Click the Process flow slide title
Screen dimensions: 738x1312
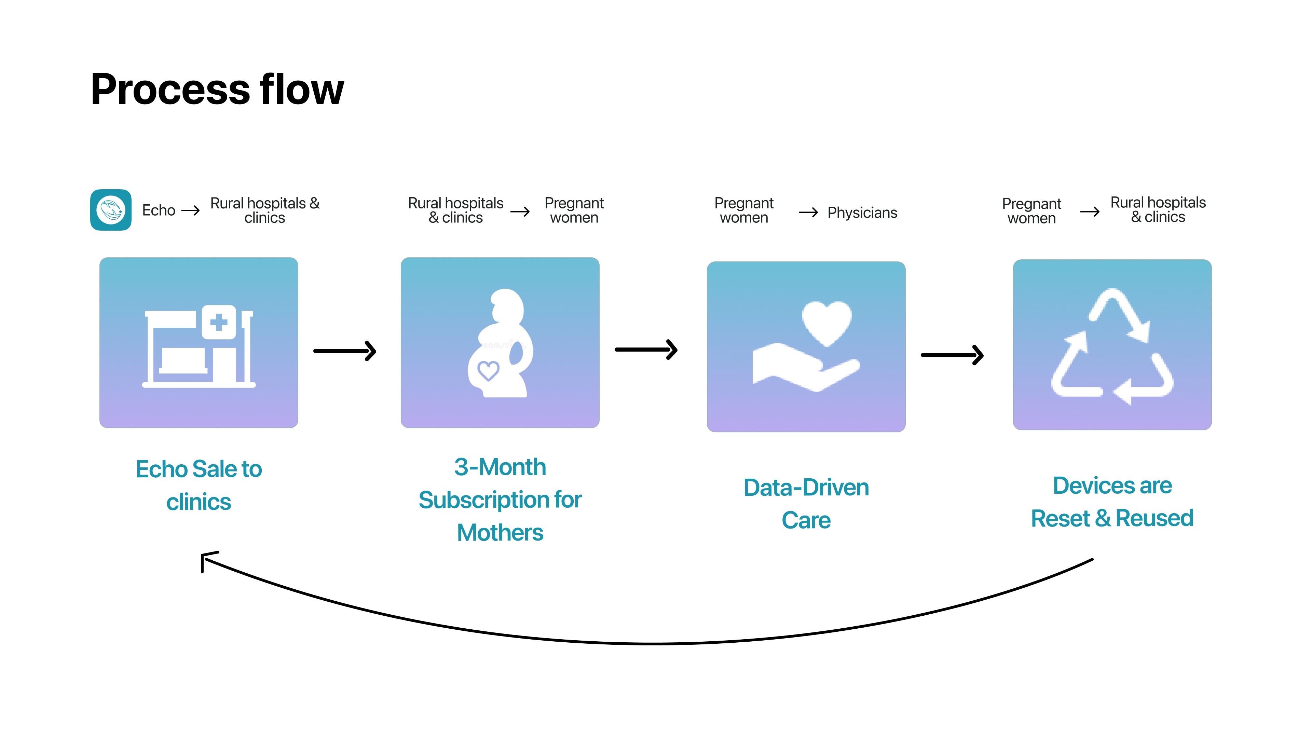tap(218, 89)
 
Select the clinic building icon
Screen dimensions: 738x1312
tap(199, 346)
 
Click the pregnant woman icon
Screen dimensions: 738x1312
tap(500, 344)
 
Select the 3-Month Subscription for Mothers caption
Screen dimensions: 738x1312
tap(500, 500)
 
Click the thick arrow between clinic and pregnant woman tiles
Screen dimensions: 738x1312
tap(345, 351)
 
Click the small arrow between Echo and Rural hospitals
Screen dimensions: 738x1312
tap(191, 210)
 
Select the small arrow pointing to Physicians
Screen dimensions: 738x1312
tap(808, 213)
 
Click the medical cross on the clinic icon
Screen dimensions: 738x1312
tap(219, 322)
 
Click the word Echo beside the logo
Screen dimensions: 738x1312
tap(159, 210)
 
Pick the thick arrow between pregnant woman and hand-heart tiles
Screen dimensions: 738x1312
tap(646, 350)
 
